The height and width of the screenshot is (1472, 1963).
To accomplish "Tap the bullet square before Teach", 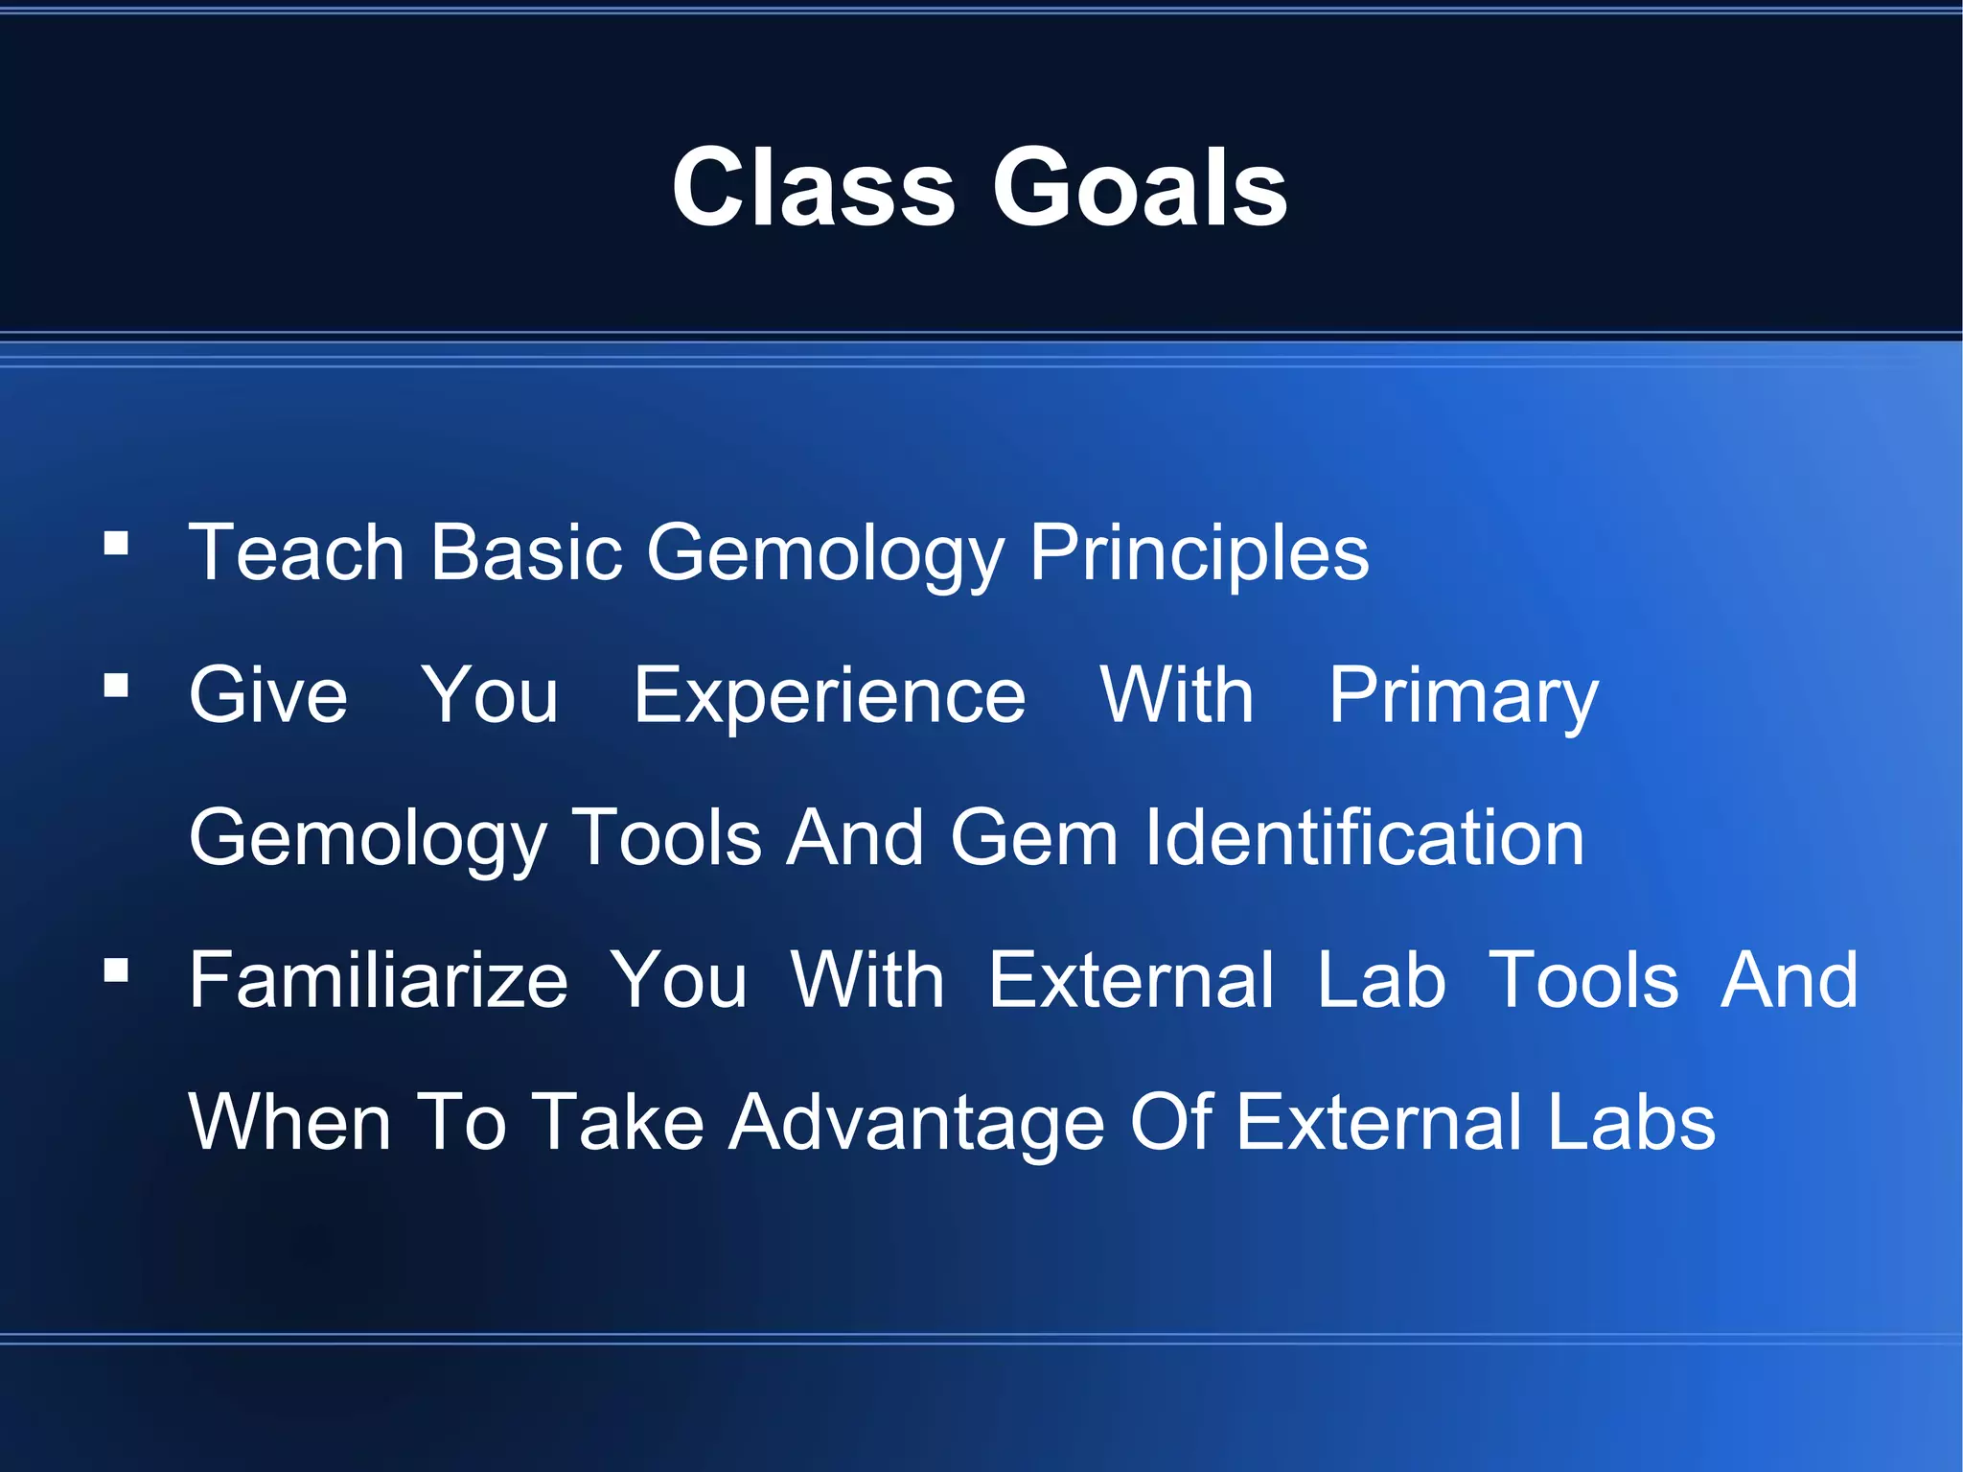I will pos(116,544).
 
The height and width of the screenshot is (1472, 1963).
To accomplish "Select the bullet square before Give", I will pos(116,686).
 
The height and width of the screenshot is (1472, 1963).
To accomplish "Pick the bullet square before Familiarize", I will pos(116,970).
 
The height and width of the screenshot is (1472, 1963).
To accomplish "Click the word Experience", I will pos(829,695).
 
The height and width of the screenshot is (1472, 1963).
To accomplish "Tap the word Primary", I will pos(1463,695).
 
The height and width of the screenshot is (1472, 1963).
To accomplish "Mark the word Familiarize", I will pos(379,980).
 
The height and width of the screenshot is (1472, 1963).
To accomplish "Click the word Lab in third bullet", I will pos(1380,980).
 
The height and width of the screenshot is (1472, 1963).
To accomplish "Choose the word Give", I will pos(267,695).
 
